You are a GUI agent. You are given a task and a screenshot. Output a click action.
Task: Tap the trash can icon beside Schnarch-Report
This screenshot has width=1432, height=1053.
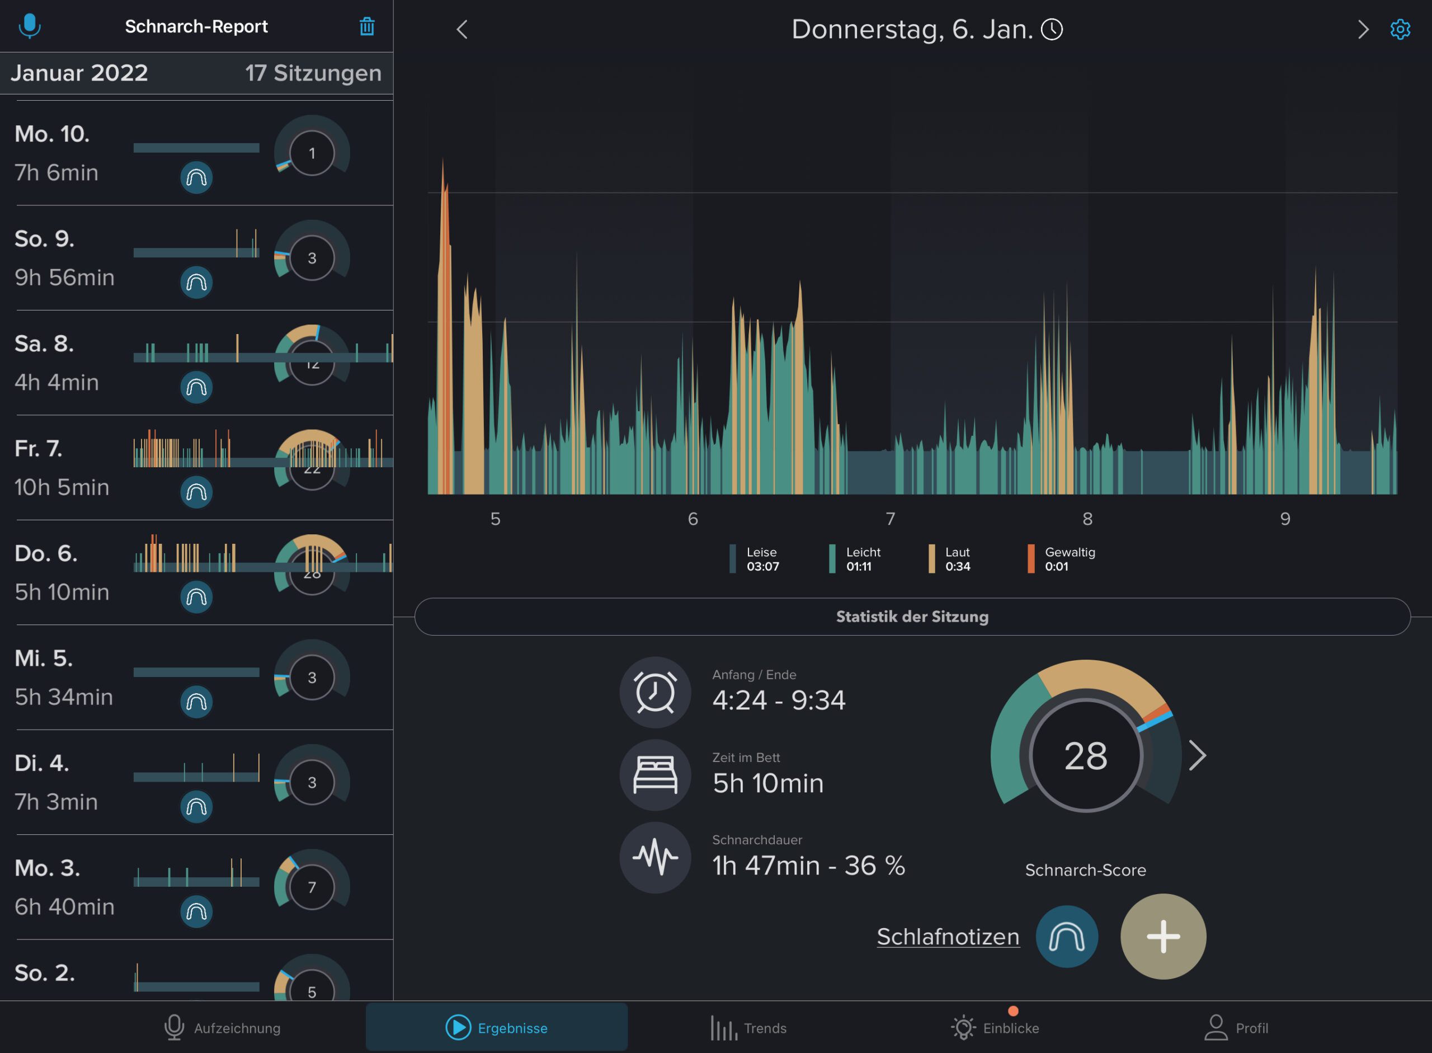pos(366,27)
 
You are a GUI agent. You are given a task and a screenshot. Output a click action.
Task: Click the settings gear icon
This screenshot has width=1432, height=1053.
pos(1400,29)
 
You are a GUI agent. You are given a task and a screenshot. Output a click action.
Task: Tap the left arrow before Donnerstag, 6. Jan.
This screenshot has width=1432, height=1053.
pos(462,29)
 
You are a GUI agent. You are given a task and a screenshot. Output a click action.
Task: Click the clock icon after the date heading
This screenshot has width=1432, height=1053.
pos(1052,29)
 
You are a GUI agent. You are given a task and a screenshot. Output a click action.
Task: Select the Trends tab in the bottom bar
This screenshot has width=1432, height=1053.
pos(748,1027)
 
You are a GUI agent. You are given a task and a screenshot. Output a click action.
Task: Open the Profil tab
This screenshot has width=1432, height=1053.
pos(1236,1027)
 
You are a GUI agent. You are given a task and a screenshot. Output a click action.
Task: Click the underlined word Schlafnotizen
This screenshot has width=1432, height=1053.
pos(948,937)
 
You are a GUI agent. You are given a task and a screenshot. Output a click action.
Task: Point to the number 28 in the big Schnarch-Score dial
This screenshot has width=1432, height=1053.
pos(1085,756)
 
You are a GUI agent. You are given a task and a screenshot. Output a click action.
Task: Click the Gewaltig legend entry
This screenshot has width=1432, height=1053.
pos(1061,559)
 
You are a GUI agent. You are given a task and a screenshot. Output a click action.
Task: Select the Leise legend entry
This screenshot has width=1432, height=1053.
pos(755,559)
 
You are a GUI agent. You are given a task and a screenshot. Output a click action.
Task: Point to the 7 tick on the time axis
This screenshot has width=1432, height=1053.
pos(891,519)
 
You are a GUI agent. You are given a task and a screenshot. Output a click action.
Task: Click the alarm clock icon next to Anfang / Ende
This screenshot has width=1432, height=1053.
pos(654,692)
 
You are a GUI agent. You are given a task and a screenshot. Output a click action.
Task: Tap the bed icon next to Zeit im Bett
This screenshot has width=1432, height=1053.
pos(654,774)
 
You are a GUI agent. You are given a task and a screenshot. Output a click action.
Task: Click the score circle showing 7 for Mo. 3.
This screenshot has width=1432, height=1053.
pos(312,887)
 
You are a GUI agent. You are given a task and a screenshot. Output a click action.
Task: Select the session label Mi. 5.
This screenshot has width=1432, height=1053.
pos(44,659)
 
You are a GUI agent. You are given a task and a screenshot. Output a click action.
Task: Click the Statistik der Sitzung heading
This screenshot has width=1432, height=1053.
pos(912,617)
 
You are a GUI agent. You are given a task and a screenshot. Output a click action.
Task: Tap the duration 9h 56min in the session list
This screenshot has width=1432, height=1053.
pos(64,278)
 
